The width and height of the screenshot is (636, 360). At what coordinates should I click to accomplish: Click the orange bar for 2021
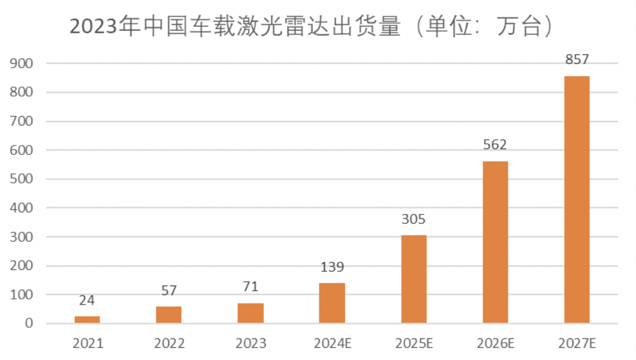(x=87, y=319)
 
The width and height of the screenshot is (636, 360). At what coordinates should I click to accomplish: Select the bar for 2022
(x=169, y=314)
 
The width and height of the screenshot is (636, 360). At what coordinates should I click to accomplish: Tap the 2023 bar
(x=250, y=313)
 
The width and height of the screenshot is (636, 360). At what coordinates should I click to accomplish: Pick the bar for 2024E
(x=332, y=303)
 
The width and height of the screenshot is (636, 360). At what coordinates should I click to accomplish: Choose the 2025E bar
(x=414, y=279)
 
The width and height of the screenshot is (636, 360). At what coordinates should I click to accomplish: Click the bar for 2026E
(x=495, y=242)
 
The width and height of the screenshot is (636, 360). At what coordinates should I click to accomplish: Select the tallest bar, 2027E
(x=577, y=199)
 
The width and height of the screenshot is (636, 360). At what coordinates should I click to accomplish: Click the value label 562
(x=495, y=145)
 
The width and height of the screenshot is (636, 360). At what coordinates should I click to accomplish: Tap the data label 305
(x=414, y=219)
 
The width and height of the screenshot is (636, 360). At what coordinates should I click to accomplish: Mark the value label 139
(x=332, y=267)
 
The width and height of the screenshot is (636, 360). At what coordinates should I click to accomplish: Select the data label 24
(x=87, y=301)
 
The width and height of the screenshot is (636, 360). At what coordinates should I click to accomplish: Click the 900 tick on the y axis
(x=22, y=63)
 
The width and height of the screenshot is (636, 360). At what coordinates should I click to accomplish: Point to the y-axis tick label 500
(x=22, y=179)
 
